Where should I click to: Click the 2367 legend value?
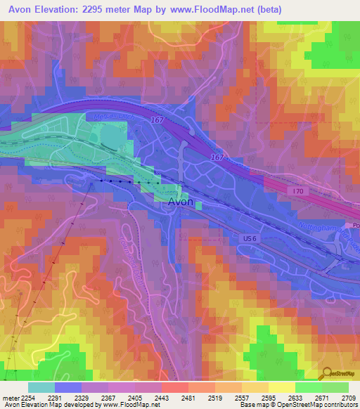107,397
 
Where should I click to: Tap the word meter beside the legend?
9,397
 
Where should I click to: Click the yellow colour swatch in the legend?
281,387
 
